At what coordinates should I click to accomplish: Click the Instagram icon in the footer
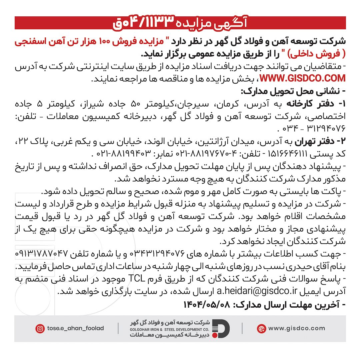[40, 329]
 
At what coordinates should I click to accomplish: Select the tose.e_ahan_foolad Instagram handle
[75, 328]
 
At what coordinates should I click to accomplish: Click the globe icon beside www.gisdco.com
[261, 329]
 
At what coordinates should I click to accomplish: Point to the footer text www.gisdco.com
[296, 328]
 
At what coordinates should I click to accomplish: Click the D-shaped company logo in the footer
[221, 328]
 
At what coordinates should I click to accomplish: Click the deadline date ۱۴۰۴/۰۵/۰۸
[207, 305]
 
